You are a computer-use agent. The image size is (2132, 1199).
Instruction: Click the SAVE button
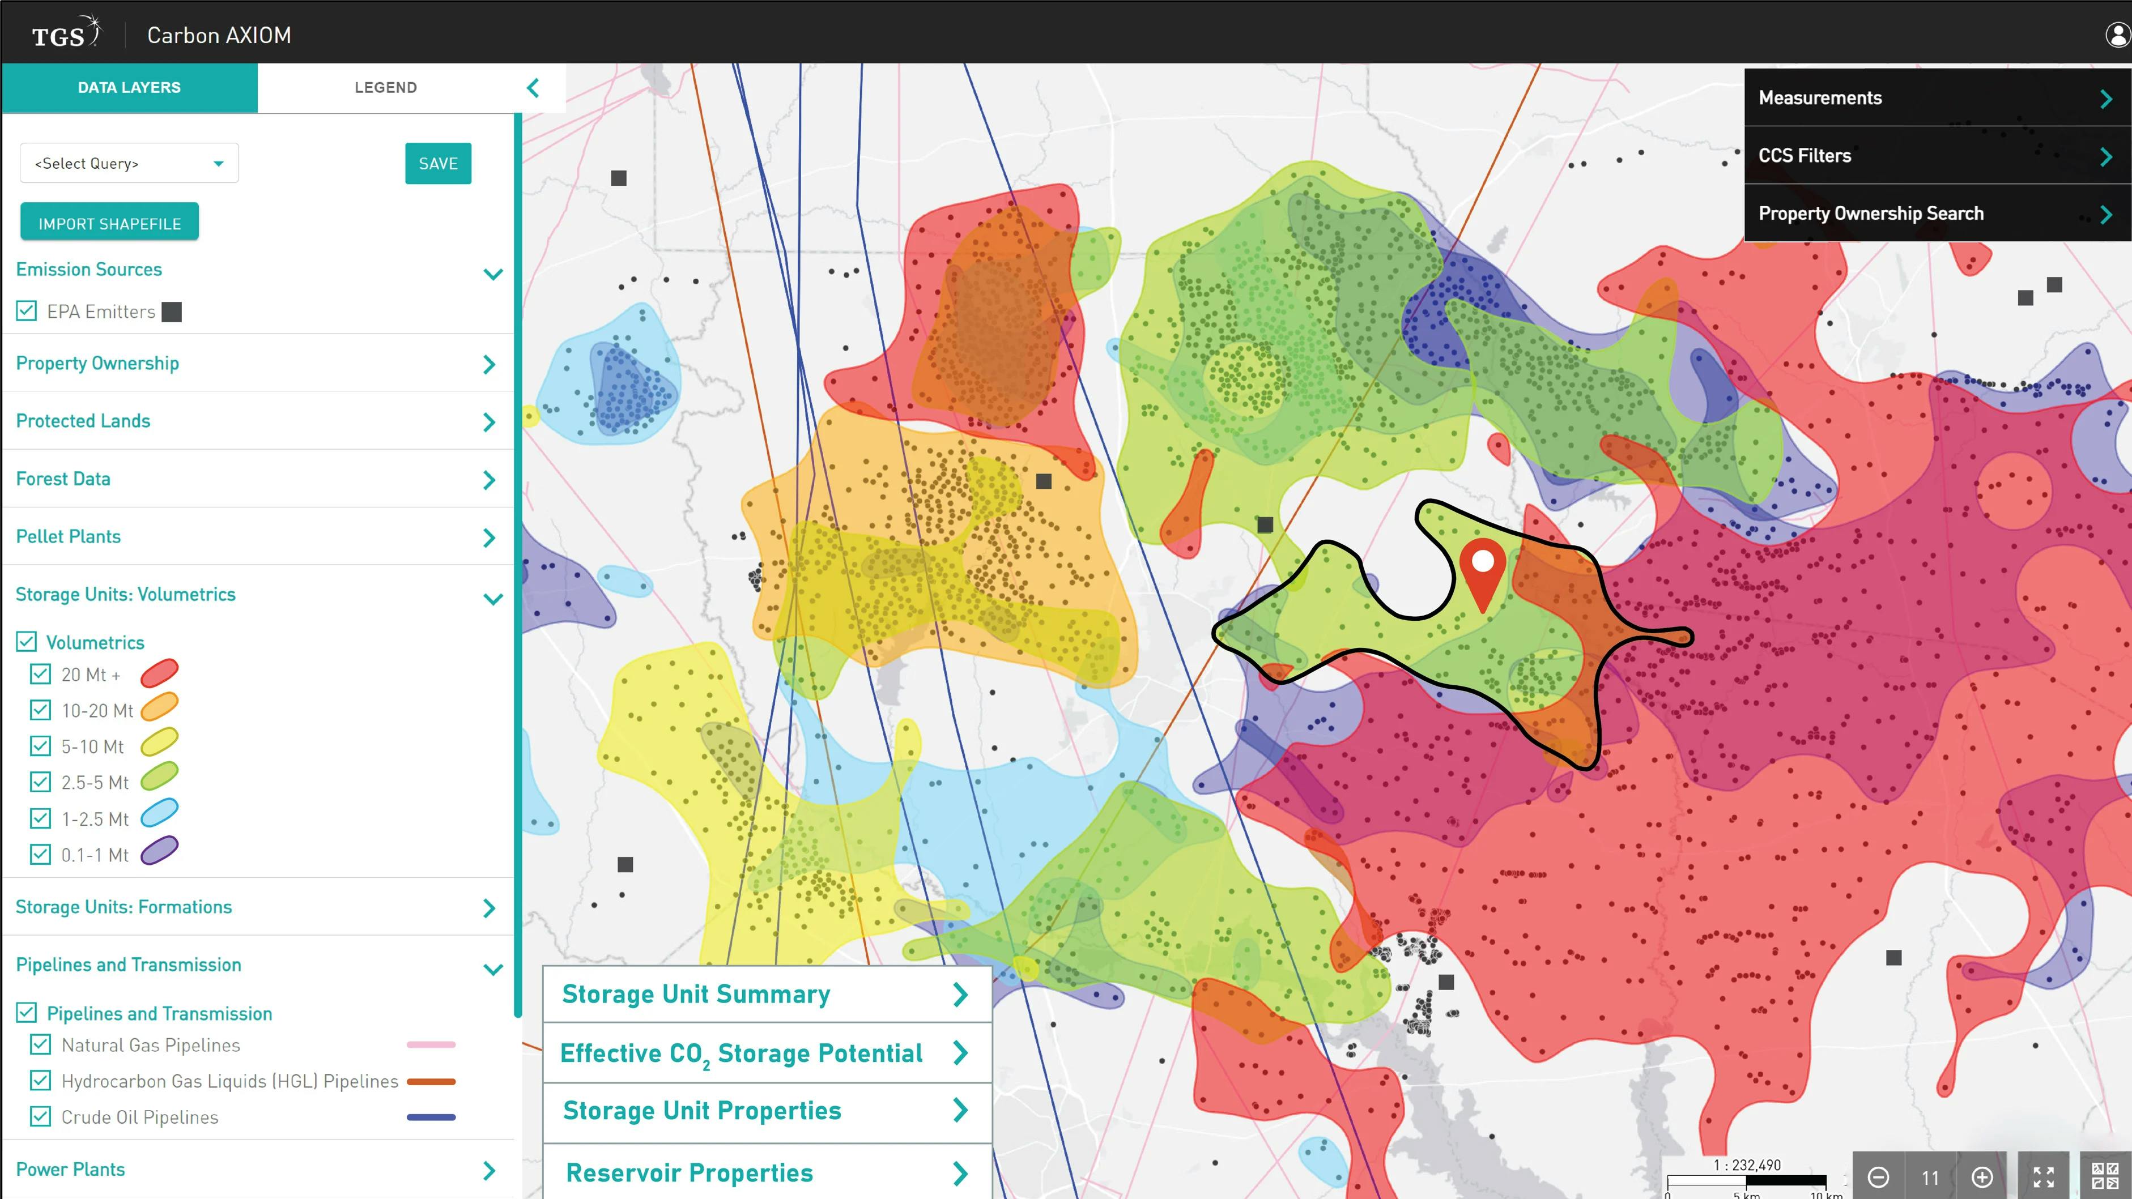[438, 163]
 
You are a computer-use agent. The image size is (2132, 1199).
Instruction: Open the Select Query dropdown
[130, 163]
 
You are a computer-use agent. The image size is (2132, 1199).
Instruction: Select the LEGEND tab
[386, 88]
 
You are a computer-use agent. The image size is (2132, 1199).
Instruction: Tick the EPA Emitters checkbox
[27, 311]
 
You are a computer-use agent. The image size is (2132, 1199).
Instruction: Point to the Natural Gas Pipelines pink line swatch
[431, 1045]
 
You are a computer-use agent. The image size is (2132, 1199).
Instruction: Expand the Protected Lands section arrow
[489, 422]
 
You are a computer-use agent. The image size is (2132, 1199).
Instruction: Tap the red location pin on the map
[1482, 571]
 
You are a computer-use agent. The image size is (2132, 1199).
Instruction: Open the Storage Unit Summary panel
[767, 994]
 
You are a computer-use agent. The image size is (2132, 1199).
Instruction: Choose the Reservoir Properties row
[767, 1172]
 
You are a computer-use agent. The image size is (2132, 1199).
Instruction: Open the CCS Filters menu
[1937, 156]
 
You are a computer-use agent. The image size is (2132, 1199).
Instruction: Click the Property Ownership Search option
[1937, 214]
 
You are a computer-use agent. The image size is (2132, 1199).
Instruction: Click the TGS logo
[65, 34]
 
